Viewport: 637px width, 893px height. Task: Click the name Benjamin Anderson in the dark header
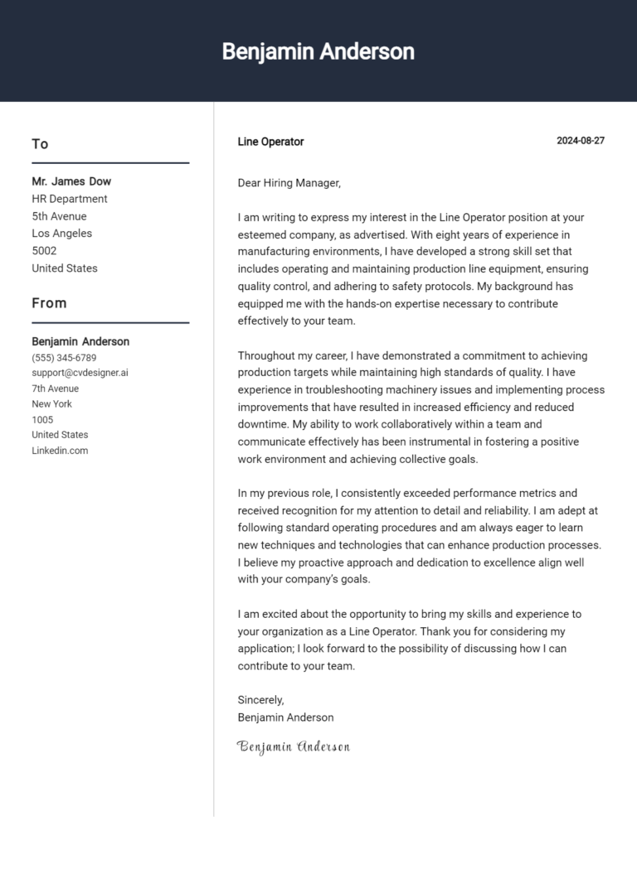318,51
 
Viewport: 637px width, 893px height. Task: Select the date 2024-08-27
580,141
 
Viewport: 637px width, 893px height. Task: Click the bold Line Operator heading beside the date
270,142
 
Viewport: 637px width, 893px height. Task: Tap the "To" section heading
40,144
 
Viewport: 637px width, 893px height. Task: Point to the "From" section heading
49,303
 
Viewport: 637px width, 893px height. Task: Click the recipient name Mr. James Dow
71,181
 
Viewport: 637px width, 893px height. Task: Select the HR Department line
70,199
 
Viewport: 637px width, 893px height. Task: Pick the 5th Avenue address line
59,216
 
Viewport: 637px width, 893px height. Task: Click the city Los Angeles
62,234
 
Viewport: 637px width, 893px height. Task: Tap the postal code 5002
44,251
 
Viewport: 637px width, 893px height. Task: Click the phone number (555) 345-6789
64,358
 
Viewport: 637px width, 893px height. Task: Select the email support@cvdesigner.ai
80,373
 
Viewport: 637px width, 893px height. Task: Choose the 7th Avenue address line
56,389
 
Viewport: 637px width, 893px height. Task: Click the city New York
51,404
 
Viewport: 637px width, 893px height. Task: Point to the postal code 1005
42,419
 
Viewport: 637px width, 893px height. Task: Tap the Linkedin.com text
60,451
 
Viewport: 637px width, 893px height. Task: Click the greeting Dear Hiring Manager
289,183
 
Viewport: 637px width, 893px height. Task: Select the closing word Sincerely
260,700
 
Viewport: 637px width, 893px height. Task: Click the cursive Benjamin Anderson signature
294,746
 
